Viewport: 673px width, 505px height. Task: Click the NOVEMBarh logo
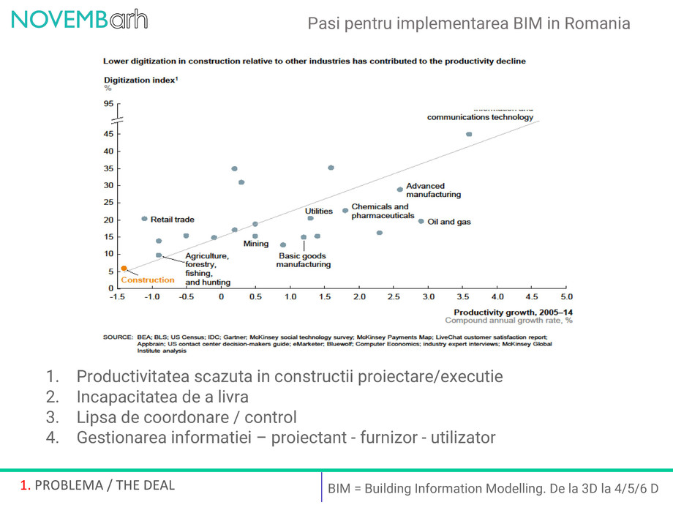79,20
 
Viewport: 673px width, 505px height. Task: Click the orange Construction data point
124,269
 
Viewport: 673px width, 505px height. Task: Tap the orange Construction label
148,280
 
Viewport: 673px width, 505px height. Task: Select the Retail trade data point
144,219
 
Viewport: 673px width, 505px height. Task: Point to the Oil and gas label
449,222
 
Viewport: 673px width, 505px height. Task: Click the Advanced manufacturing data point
399,190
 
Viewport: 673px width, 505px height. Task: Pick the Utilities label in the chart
319,211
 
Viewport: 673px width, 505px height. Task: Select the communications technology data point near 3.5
469,134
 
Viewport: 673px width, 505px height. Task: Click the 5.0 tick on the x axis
566,297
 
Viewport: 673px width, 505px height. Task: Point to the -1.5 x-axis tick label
117,297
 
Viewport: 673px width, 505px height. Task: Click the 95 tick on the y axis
108,104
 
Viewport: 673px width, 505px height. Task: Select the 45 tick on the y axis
108,134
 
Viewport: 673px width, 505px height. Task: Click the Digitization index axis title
140,80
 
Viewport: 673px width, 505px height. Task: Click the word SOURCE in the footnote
117,337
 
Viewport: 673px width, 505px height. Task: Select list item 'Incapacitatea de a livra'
162,397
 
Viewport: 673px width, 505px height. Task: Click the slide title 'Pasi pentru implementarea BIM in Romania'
469,23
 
